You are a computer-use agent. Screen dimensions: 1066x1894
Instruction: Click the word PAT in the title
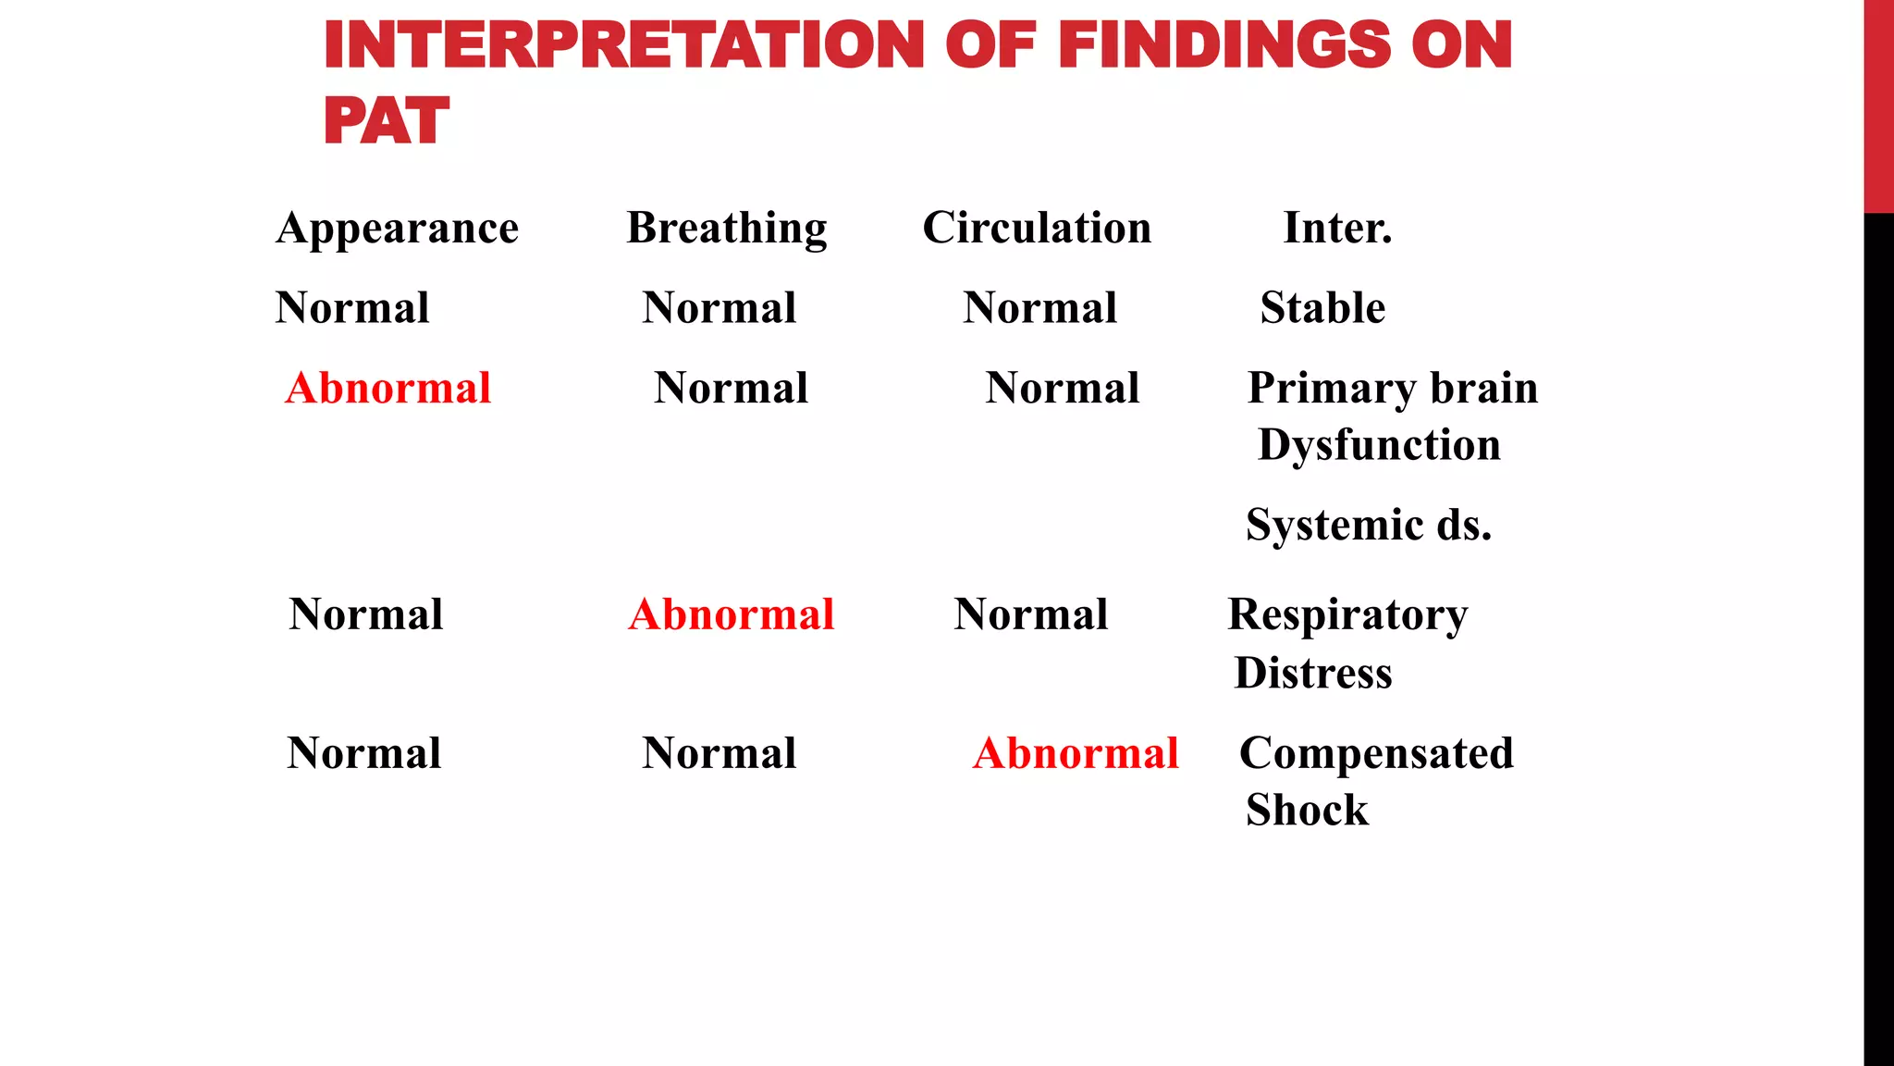386,121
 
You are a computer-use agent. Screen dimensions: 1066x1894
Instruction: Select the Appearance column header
398,228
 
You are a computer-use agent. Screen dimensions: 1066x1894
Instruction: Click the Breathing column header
727,228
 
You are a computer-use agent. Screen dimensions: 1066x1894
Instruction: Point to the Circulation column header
1037,228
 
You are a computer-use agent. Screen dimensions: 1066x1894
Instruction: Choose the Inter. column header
1337,228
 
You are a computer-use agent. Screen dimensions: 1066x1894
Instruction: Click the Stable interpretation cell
1322,308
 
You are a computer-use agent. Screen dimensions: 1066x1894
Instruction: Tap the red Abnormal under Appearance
388,388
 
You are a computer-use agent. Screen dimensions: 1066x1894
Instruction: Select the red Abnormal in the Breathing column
732,614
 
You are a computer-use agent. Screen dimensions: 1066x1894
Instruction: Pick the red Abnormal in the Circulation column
1076,753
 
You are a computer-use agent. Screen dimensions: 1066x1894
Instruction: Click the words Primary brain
1393,388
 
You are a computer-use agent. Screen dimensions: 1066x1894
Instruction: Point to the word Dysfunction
1379,445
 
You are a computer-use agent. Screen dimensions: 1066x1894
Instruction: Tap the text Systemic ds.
1369,525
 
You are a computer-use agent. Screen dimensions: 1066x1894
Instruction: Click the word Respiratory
1347,614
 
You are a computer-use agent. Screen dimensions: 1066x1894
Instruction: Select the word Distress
1313,673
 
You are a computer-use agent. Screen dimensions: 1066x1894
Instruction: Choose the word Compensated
1376,753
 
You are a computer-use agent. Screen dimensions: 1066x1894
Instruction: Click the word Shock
1307,811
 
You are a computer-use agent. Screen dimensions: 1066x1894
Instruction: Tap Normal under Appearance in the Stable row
352,308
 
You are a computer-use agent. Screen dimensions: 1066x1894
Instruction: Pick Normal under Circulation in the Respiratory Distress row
1031,614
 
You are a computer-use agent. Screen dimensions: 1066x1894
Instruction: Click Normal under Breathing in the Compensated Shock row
719,753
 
